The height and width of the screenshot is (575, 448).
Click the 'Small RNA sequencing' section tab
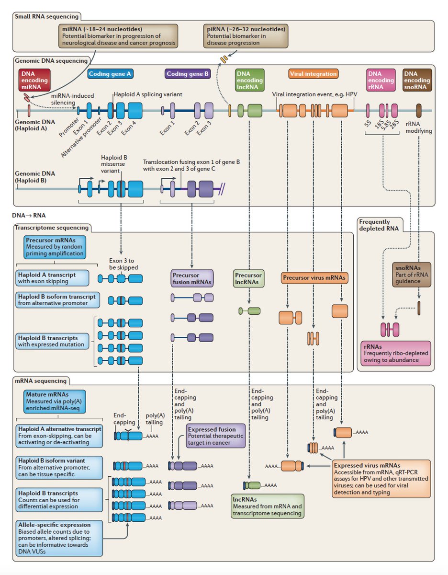pos(46,17)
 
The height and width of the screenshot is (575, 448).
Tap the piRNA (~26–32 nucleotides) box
pos(245,36)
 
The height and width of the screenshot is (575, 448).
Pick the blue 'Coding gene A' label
pos(111,74)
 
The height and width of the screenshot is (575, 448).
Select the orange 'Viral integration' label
pos(314,74)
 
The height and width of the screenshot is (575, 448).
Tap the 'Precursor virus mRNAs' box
pos(314,277)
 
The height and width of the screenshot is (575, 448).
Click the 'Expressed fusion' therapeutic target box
pos(215,436)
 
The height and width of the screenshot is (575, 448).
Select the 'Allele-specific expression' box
pos(59,538)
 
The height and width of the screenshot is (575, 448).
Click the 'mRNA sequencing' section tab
pos(41,381)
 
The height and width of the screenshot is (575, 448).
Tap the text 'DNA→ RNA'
pos(29,216)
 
